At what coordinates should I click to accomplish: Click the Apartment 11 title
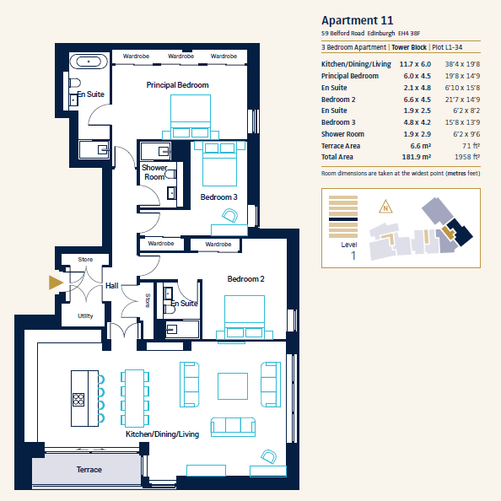[358, 20]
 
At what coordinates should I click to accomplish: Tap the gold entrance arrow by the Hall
[56, 283]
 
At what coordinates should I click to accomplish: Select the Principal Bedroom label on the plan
[177, 85]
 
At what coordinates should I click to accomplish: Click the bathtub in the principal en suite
[89, 62]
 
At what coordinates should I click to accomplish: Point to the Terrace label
[89, 469]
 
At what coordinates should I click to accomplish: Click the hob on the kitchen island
[78, 400]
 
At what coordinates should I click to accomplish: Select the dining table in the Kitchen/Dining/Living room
[134, 398]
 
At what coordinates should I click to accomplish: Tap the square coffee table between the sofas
[233, 386]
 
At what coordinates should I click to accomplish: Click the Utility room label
[85, 316]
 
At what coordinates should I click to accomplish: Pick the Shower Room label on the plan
[154, 172]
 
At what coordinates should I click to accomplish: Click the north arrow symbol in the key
[385, 207]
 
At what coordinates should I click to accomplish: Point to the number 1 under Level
[353, 256]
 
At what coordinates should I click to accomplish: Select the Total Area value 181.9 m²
[417, 157]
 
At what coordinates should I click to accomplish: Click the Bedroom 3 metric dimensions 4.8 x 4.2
[417, 122]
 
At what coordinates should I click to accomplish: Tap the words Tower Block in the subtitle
[409, 47]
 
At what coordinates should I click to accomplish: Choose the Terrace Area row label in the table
[341, 146]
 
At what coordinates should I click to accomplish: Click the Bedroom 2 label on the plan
[245, 279]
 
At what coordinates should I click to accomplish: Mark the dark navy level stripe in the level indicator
[343, 219]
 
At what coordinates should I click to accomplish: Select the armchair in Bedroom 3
[229, 215]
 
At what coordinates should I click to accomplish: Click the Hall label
[112, 286]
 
